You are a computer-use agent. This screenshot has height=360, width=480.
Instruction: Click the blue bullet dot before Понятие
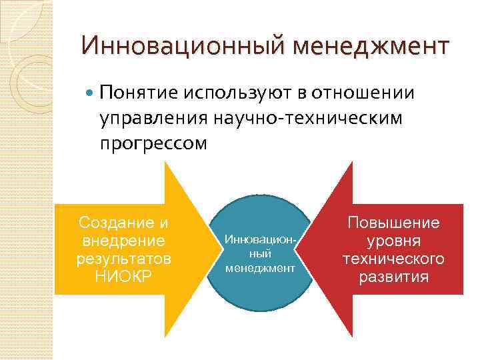coord(90,93)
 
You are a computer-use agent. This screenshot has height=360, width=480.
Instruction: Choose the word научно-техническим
coord(309,118)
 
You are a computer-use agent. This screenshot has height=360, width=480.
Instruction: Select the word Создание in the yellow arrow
coord(117,222)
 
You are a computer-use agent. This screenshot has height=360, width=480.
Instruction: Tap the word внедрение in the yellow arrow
coord(123,240)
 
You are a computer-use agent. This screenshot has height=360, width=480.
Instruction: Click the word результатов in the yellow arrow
coord(123,257)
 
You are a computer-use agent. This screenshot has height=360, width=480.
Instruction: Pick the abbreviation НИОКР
coord(123,275)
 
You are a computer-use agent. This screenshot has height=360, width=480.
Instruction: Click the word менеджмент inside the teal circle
coord(260,268)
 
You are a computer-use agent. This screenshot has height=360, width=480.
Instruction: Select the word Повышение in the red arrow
coord(393,223)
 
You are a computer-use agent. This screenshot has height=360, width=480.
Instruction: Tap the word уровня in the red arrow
coord(393,241)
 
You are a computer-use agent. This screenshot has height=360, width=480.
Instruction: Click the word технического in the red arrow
coord(393,258)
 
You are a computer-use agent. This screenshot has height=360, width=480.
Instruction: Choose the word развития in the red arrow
coord(393,276)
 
